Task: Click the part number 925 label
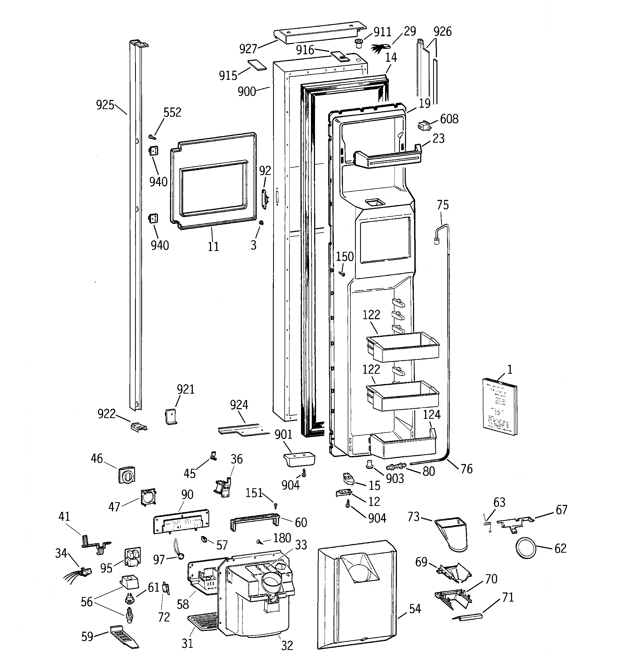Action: [105, 105]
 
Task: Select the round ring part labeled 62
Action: [526, 548]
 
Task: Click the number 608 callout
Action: [449, 119]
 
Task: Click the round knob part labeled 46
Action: [126, 474]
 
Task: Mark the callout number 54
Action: [415, 609]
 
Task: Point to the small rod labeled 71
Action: [467, 616]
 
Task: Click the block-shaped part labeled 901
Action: [299, 459]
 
